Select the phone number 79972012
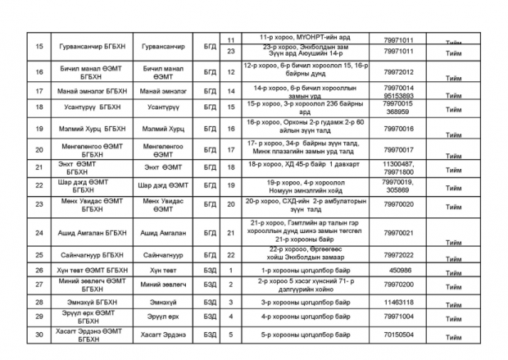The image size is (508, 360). pos(397,72)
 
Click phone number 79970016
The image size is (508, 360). pos(397,129)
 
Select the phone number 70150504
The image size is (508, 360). pos(397,335)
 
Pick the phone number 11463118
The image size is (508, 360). pos(397,302)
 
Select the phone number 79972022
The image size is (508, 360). pos(397,255)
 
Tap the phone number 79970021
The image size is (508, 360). pos(397,233)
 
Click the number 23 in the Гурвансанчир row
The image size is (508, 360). pos(230,52)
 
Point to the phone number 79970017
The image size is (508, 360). pos(397,148)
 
